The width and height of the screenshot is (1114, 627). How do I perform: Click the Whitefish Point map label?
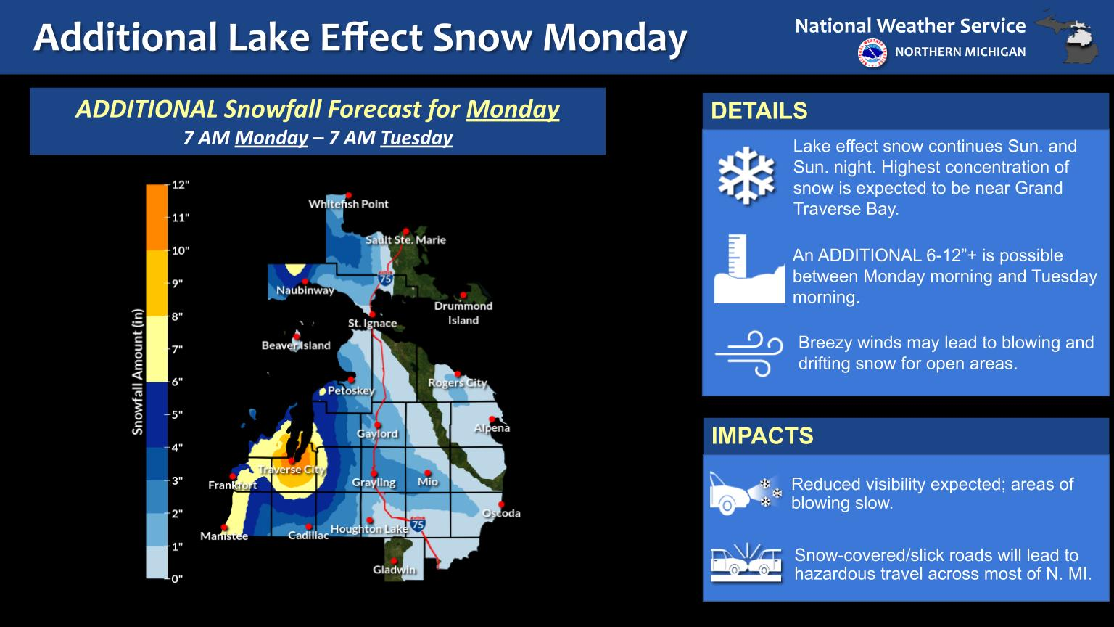pos(348,204)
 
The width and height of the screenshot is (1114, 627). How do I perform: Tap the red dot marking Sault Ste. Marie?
pos(406,231)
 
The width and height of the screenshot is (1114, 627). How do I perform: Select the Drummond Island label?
pos(463,313)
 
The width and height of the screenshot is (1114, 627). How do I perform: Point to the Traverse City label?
pos(292,470)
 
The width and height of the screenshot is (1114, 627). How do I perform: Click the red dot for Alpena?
pos(492,419)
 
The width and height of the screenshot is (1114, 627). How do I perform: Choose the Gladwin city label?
pos(395,570)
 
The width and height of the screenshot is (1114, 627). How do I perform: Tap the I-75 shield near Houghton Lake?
pos(418,524)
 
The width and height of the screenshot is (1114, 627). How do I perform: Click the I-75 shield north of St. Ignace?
pos(385,279)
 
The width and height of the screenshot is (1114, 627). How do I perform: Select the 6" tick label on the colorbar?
pos(178,382)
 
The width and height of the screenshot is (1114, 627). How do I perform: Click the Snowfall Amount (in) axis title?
pos(137,372)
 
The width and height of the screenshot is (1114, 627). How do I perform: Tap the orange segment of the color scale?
pos(157,218)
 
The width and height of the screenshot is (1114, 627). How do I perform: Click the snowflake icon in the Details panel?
pos(746,175)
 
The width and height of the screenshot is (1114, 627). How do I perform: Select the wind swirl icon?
pos(749,353)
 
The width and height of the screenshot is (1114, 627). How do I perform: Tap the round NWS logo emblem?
pos(872,53)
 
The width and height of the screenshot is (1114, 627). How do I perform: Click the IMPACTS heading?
pos(762,436)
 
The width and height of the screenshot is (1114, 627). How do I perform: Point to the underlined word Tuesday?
pos(417,138)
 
